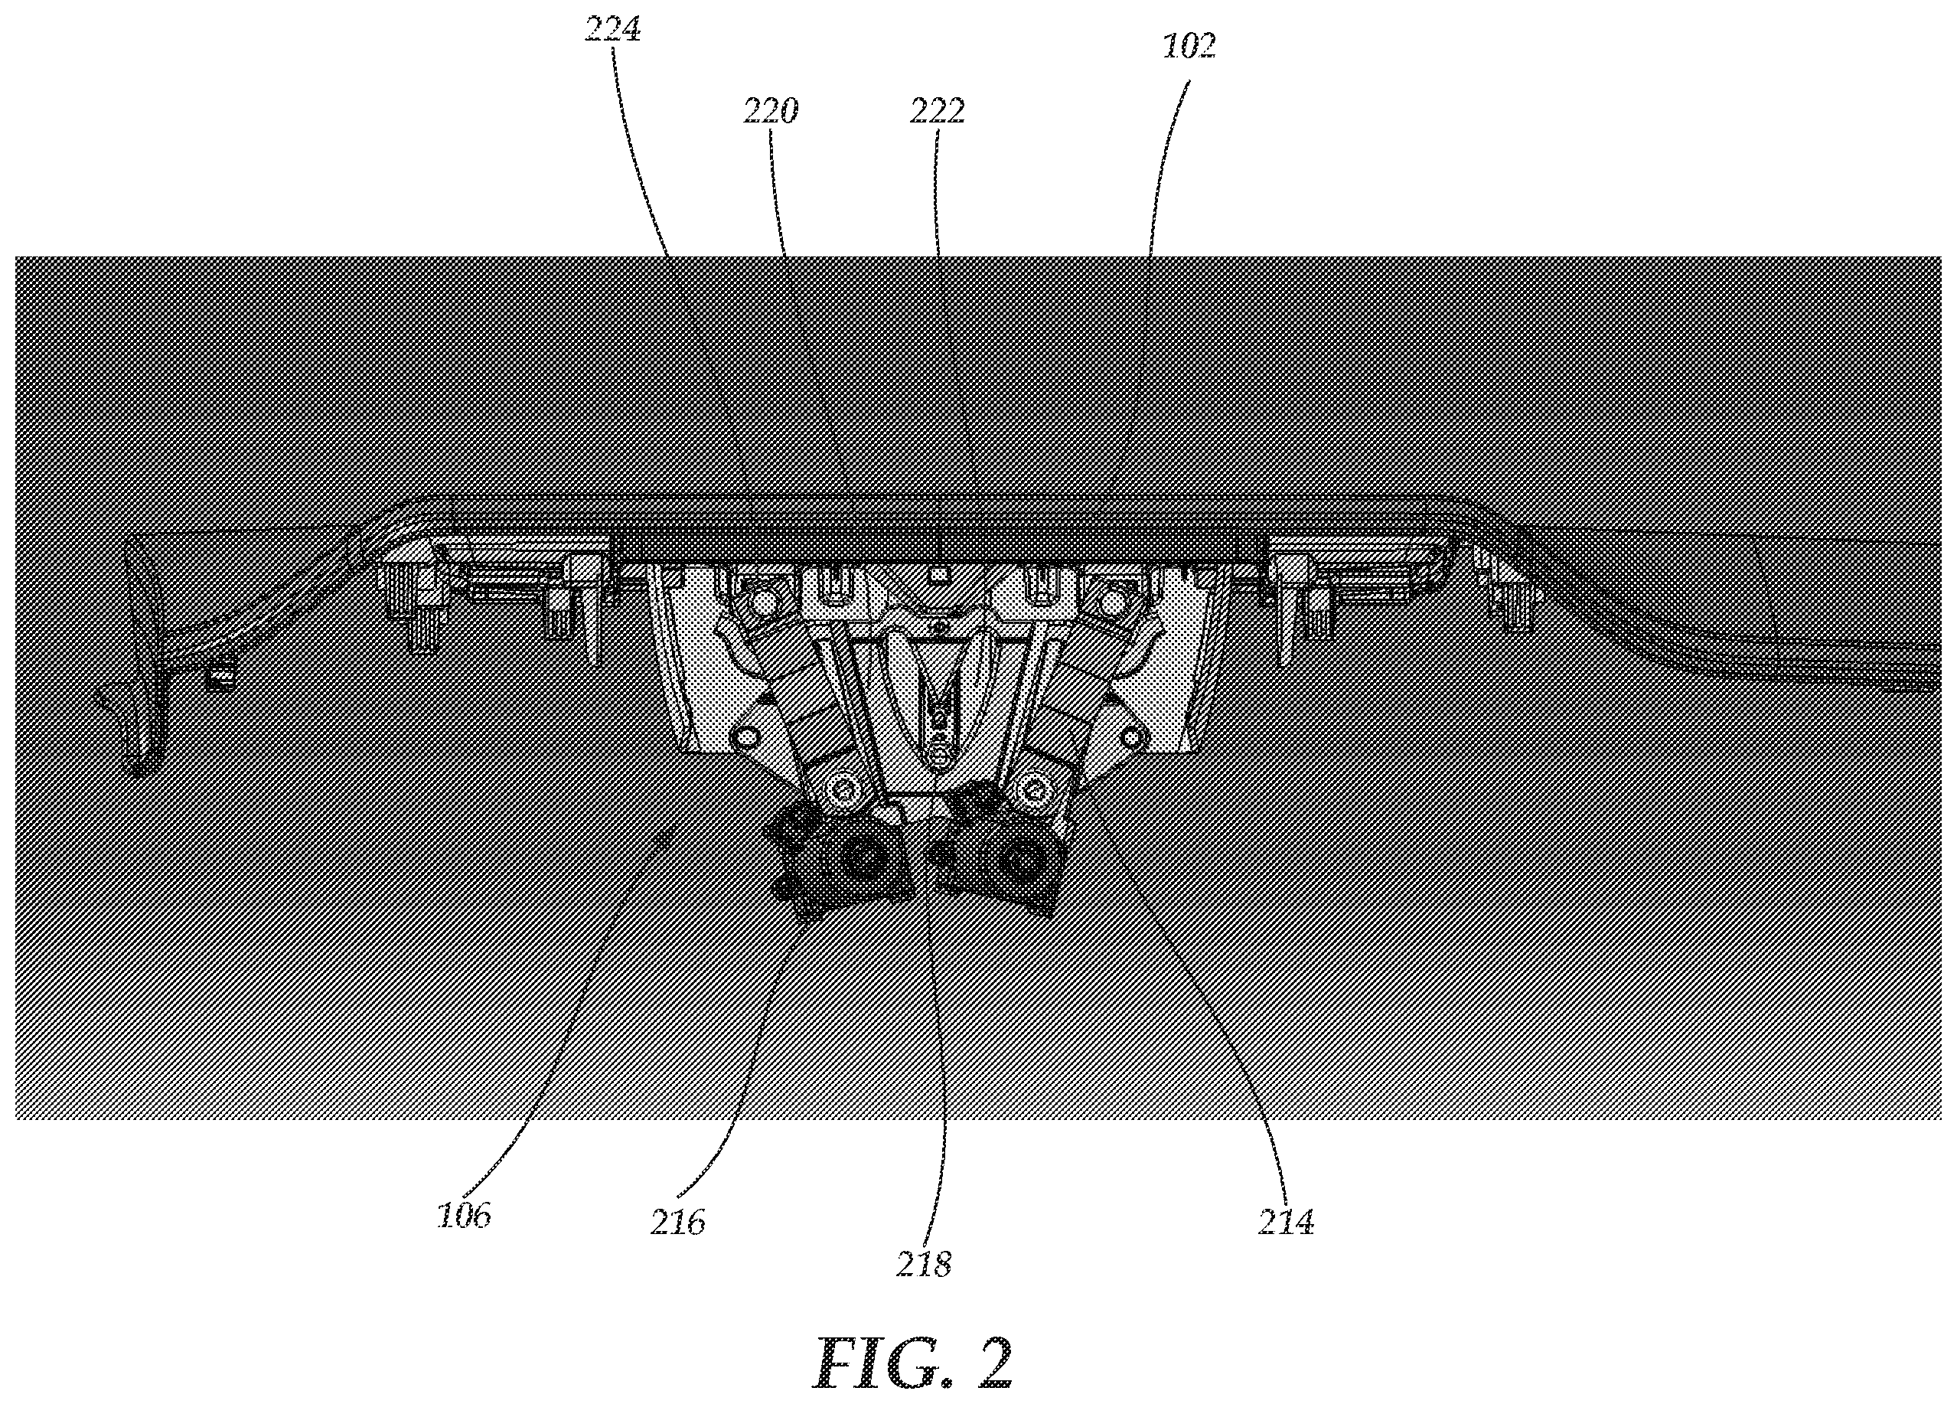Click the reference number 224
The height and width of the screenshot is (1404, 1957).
614,29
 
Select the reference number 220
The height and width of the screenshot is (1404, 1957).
771,110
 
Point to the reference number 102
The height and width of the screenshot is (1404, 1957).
1189,47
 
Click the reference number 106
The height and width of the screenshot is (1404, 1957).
463,1215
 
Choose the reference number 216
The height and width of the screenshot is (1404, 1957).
678,1222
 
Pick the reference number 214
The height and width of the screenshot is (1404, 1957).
1286,1222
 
